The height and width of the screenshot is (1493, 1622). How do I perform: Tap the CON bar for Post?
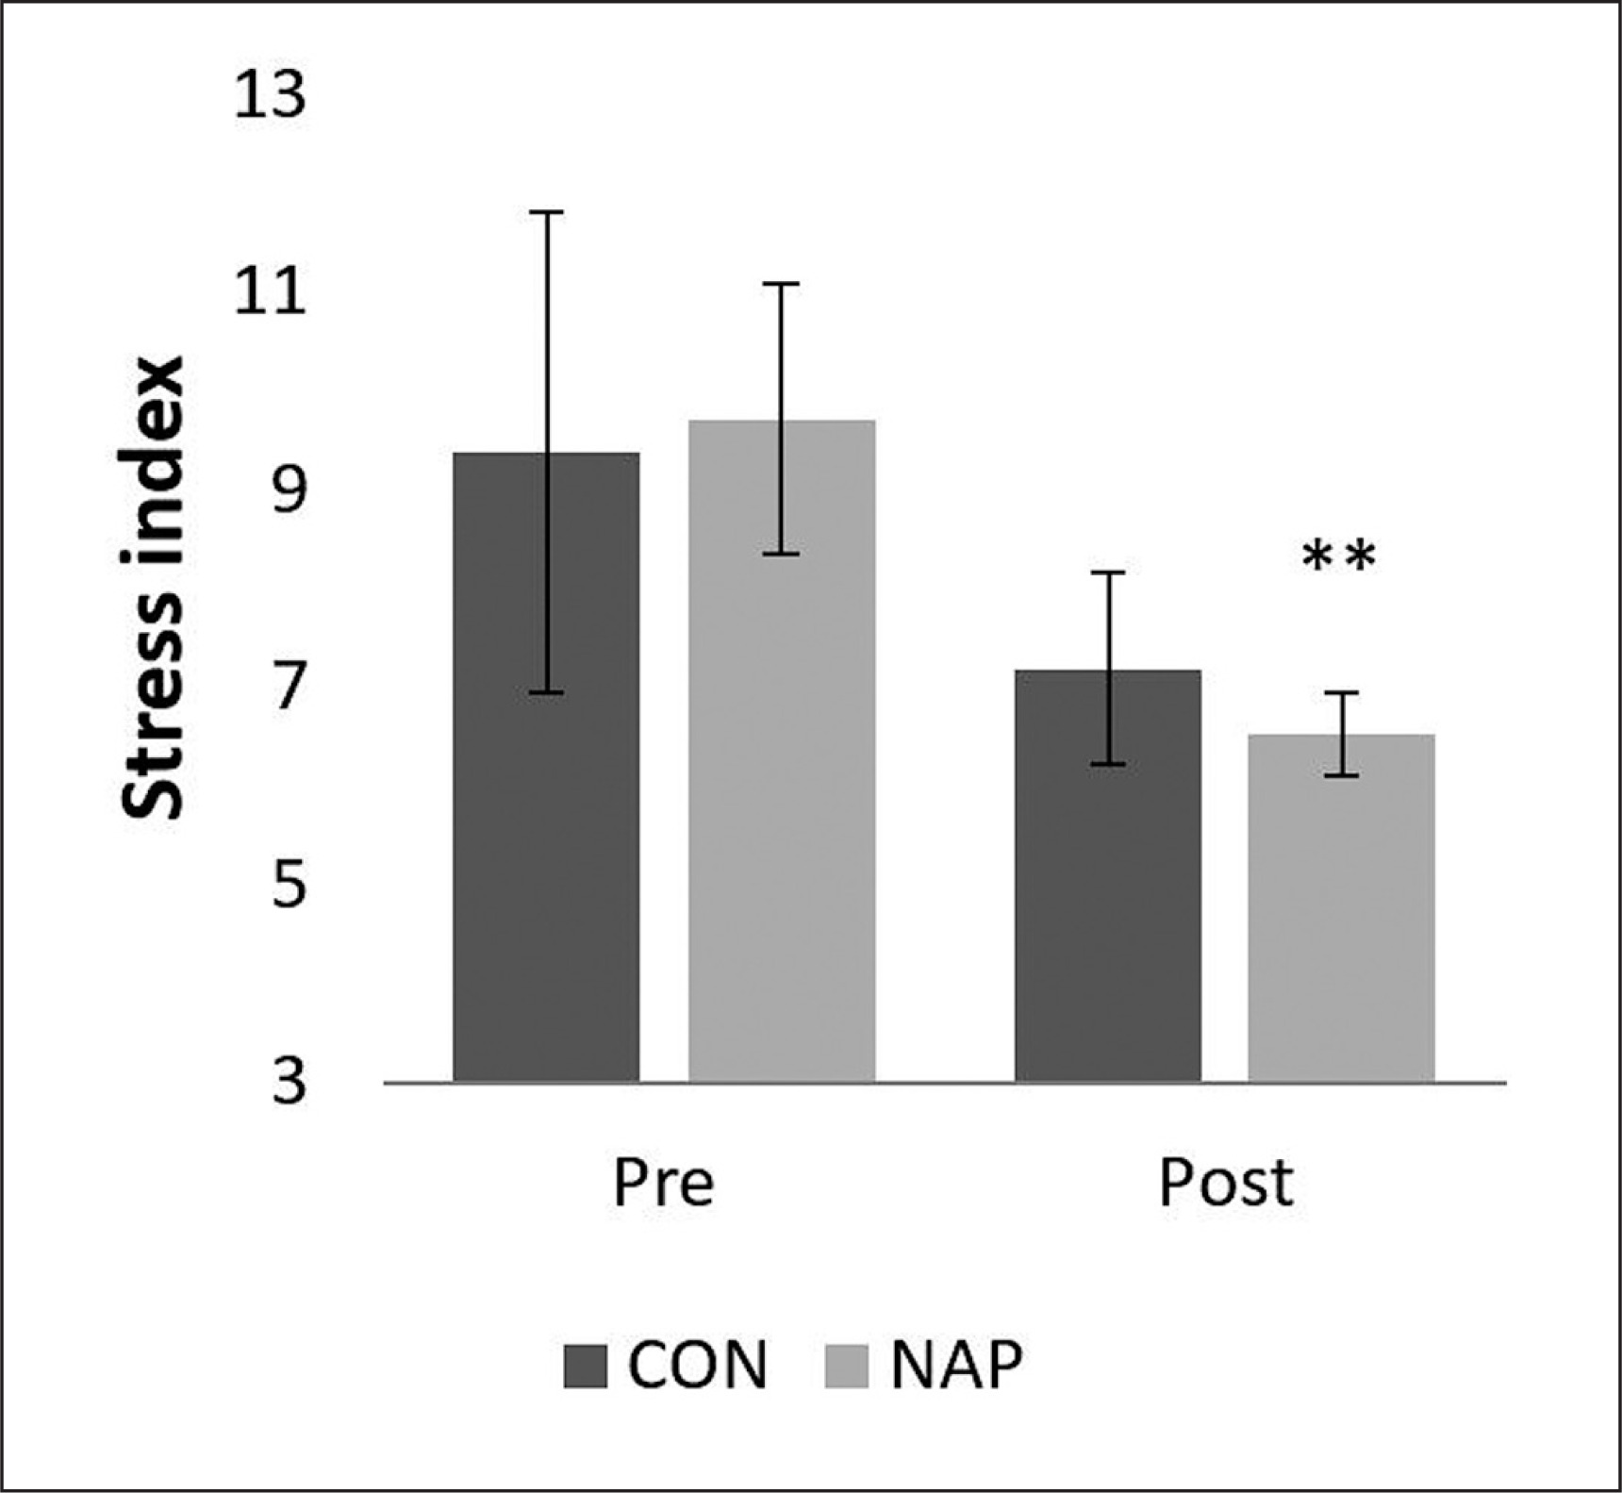(x=1107, y=896)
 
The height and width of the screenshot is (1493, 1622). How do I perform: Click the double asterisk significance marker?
(x=1339, y=557)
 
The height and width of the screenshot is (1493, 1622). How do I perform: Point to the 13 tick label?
(x=270, y=96)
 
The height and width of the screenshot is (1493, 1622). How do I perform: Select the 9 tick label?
(x=289, y=490)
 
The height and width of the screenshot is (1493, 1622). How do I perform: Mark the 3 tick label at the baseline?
(x=289, y=1082)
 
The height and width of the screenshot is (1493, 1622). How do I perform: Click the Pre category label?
(x=663, y=1183)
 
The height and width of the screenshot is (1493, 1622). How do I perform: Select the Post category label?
(x=1225, y=1183)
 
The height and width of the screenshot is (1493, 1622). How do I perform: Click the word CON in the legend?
(x=698, y=1365)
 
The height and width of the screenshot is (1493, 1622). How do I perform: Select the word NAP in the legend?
(x=956, y=1365)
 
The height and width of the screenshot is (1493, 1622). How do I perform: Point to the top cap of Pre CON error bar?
(x=546, y=213)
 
